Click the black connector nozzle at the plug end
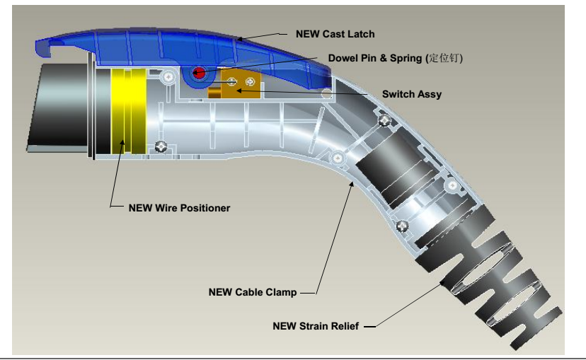(x=56, y=106)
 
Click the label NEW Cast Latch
(x=335, y=34)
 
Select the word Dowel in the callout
(x=343, y=58)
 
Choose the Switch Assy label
(x=411, y=94)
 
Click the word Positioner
(x=205, y=208)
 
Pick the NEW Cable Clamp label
(x=252, y=292)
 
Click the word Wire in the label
(x=163, y=208)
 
